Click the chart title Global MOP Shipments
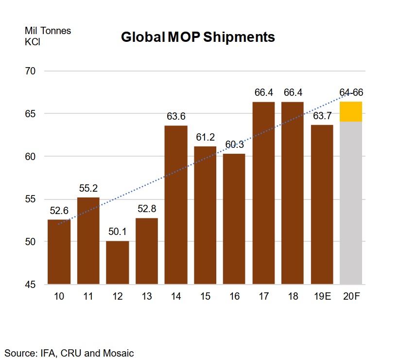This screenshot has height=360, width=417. (198, 37)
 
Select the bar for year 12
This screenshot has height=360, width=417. (118, 263)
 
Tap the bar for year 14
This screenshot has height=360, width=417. (176, 204)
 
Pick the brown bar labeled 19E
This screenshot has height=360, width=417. (322, 204)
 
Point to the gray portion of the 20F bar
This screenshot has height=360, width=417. (351, 204)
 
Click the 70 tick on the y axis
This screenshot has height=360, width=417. (30, 71)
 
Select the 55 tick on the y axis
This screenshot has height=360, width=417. (30, 199)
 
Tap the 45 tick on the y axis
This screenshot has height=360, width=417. (30, 285)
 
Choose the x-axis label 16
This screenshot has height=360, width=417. (234, 297)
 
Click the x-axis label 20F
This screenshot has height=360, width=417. (351, 297)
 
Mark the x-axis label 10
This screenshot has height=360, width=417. (59, 297)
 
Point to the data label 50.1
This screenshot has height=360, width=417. (118, 232)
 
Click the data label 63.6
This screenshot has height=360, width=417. (176, 117)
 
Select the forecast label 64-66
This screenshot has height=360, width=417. (351, 93)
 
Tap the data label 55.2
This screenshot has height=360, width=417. (88, 188)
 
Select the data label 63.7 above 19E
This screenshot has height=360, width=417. (322, 116)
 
